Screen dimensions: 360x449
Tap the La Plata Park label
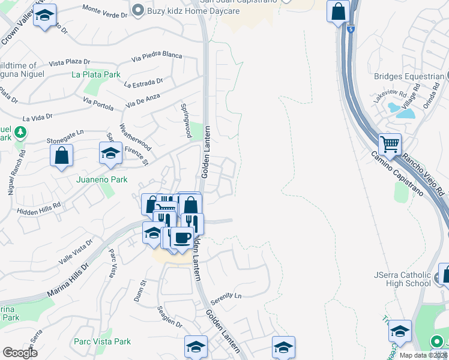point(96,74)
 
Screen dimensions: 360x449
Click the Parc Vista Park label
point(102,341)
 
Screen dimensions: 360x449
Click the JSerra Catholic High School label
point(402,279)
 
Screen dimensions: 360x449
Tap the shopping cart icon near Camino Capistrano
point(390,145)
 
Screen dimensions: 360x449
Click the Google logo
point(20,353)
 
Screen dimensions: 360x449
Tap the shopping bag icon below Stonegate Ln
point(61,156)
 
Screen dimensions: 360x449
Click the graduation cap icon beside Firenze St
point(111,154)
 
